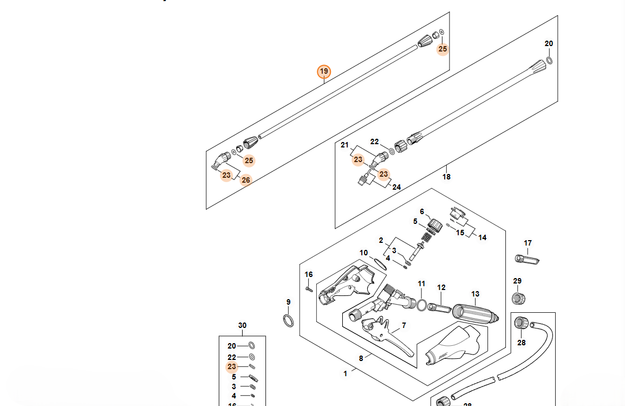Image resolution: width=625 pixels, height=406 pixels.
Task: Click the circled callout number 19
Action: tap(323, 72)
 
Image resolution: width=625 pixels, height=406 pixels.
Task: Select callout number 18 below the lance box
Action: tap(446, 177)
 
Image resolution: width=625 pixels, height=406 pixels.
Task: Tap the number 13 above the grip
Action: tap(475, 294)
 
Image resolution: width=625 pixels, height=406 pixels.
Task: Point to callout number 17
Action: tap(528, 243)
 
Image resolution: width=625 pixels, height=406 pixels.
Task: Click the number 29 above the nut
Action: tap(517, 281)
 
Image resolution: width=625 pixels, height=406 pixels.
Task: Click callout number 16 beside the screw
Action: tap(308, 275)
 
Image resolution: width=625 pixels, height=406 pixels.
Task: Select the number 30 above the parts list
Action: tap(242, 326)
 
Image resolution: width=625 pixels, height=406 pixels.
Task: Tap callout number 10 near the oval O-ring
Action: tap(363, 253)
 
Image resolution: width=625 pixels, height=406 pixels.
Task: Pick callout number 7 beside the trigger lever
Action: tap(403, 326)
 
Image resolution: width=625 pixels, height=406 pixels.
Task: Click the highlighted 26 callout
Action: tap(246, 180)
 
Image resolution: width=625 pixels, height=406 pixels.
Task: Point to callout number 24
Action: tap(396, 187)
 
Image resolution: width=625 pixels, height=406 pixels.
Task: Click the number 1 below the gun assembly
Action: tap(345, 373)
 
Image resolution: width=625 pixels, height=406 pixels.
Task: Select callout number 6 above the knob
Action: tap(421, 212)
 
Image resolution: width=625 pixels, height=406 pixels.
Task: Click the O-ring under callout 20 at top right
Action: tap(549, 59)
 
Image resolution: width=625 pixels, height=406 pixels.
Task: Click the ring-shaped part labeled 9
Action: tap(289, 320)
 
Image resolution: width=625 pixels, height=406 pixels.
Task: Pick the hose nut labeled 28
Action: tap(522, 324)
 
